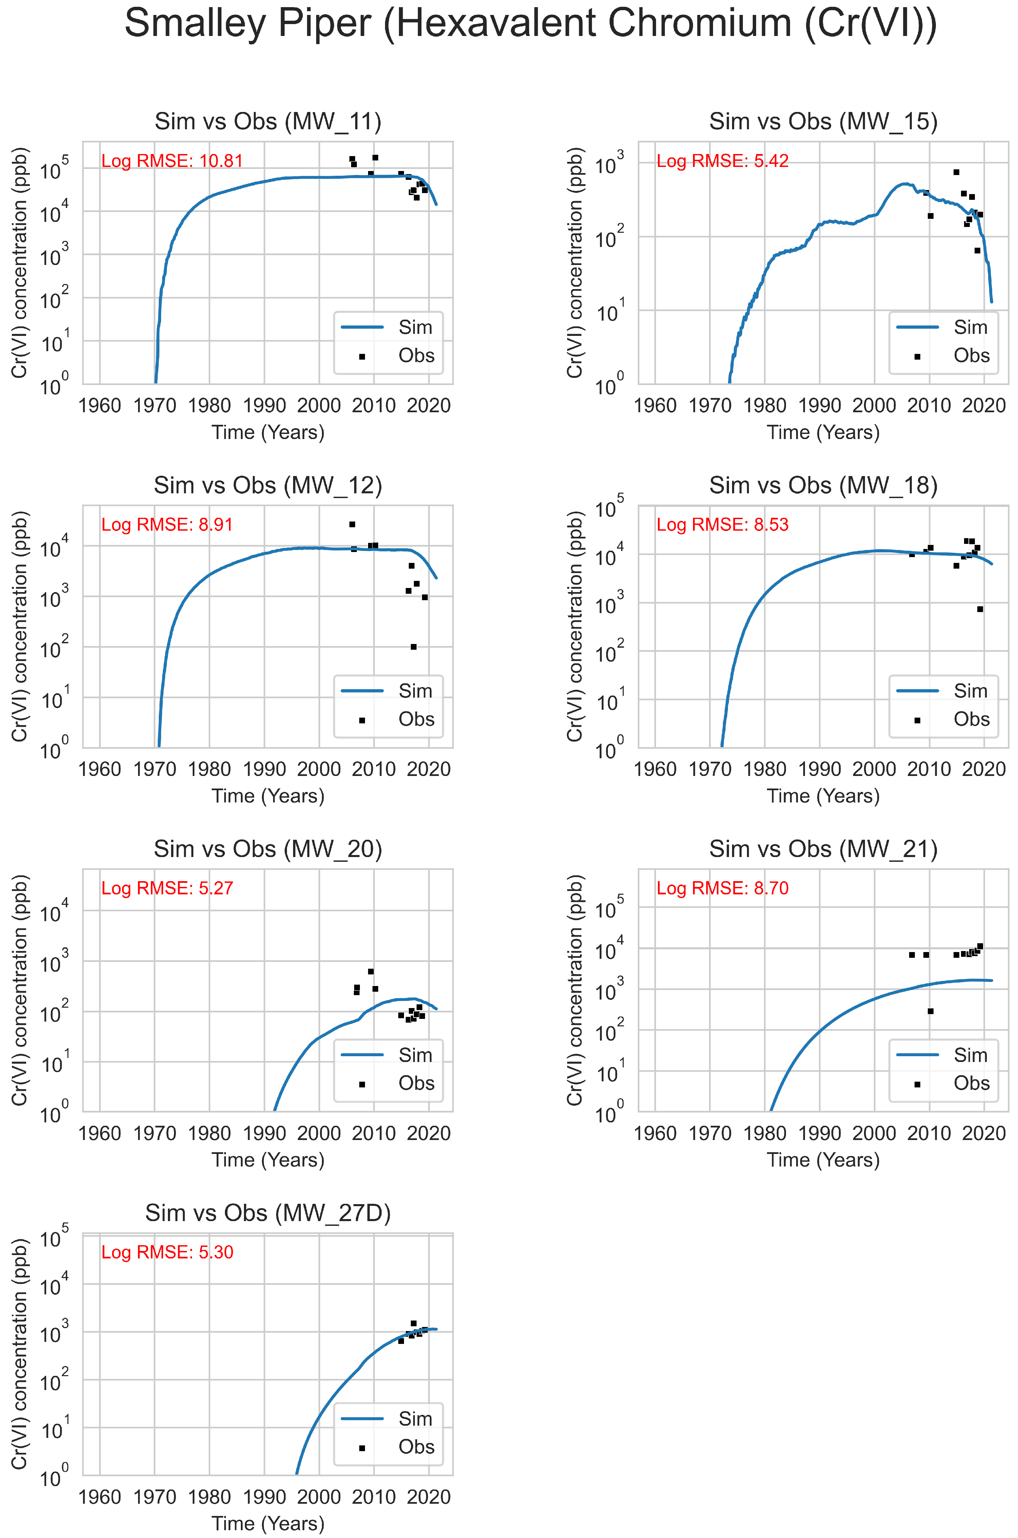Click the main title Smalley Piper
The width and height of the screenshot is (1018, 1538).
[x=531, y=24]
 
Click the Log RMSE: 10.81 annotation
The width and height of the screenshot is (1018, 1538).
[x=172, y=161]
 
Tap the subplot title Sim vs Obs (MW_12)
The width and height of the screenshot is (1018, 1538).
[x=268, y=485]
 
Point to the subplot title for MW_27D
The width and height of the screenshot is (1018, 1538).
[x=268, y=1213]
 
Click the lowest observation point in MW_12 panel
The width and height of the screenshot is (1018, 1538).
[x=414, y=647]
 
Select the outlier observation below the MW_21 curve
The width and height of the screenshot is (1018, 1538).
[x=930, y=1011]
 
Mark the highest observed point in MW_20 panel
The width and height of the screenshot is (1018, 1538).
[x=371, y=971]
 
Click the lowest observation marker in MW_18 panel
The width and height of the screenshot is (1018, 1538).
[x=980, y=609]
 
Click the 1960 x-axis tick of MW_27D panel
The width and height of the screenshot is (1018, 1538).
[x=99, y=1497]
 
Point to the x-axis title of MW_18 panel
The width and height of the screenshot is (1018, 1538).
[x=823, y=796]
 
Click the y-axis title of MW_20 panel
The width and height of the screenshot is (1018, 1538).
[x=19, y=990]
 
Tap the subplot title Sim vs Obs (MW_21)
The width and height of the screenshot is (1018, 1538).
[x=823, y=849]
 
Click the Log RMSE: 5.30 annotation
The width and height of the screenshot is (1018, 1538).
[x=167, y=1252]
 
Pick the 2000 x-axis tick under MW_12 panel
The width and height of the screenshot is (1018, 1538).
[x=319, y=769]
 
